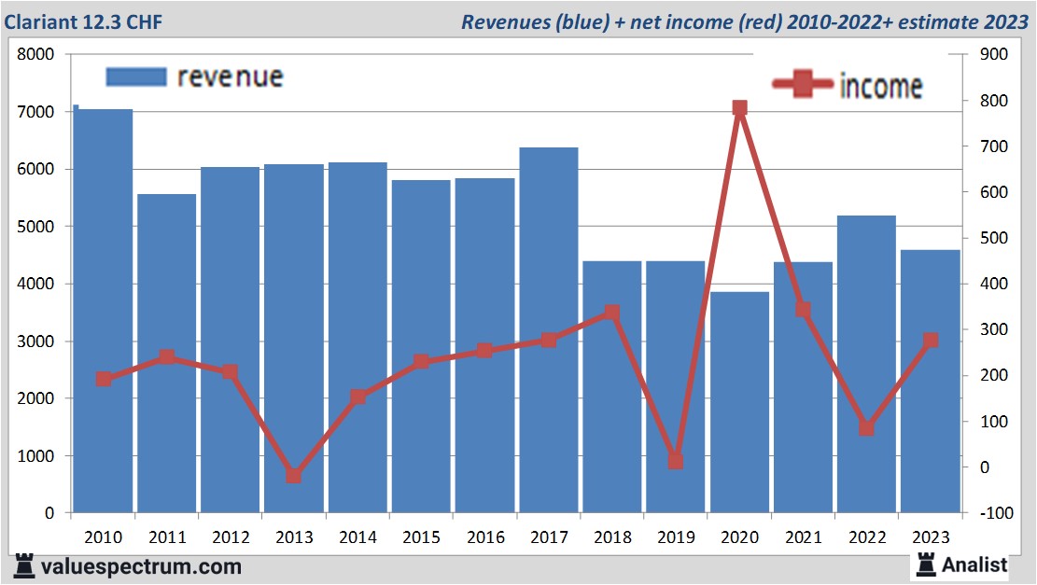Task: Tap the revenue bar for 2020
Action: [739, 402]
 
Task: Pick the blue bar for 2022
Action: [866, 364]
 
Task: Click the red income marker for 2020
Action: [739, 108]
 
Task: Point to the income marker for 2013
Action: [294, 475]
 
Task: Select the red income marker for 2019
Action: [676, 461]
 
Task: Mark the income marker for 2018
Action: [612, 313]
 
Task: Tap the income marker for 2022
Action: [866, 427]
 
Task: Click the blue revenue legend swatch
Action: [136, 77]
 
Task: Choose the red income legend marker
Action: [803, 85]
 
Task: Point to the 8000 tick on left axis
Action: [36, 55]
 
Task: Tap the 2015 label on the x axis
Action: [421, 537]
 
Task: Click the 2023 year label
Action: [930, 537]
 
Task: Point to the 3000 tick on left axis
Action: [36, 341]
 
